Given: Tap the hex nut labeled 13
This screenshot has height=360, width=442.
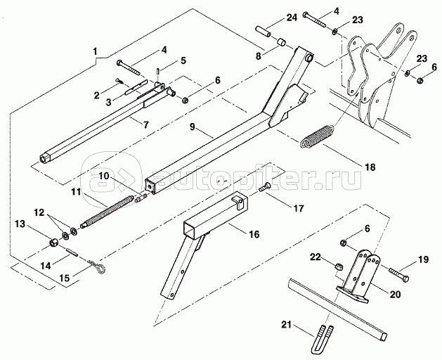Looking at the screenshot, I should tap(53, 243).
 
